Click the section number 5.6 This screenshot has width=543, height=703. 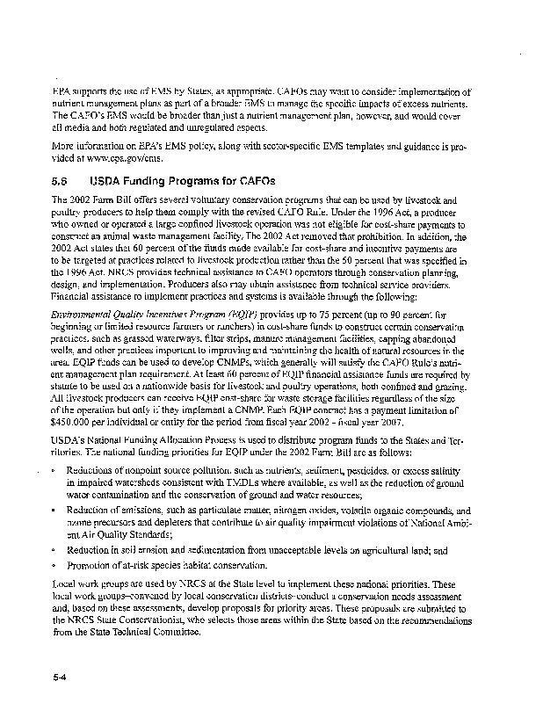(x=61, y=181)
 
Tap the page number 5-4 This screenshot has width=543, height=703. (x=60, y=676)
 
